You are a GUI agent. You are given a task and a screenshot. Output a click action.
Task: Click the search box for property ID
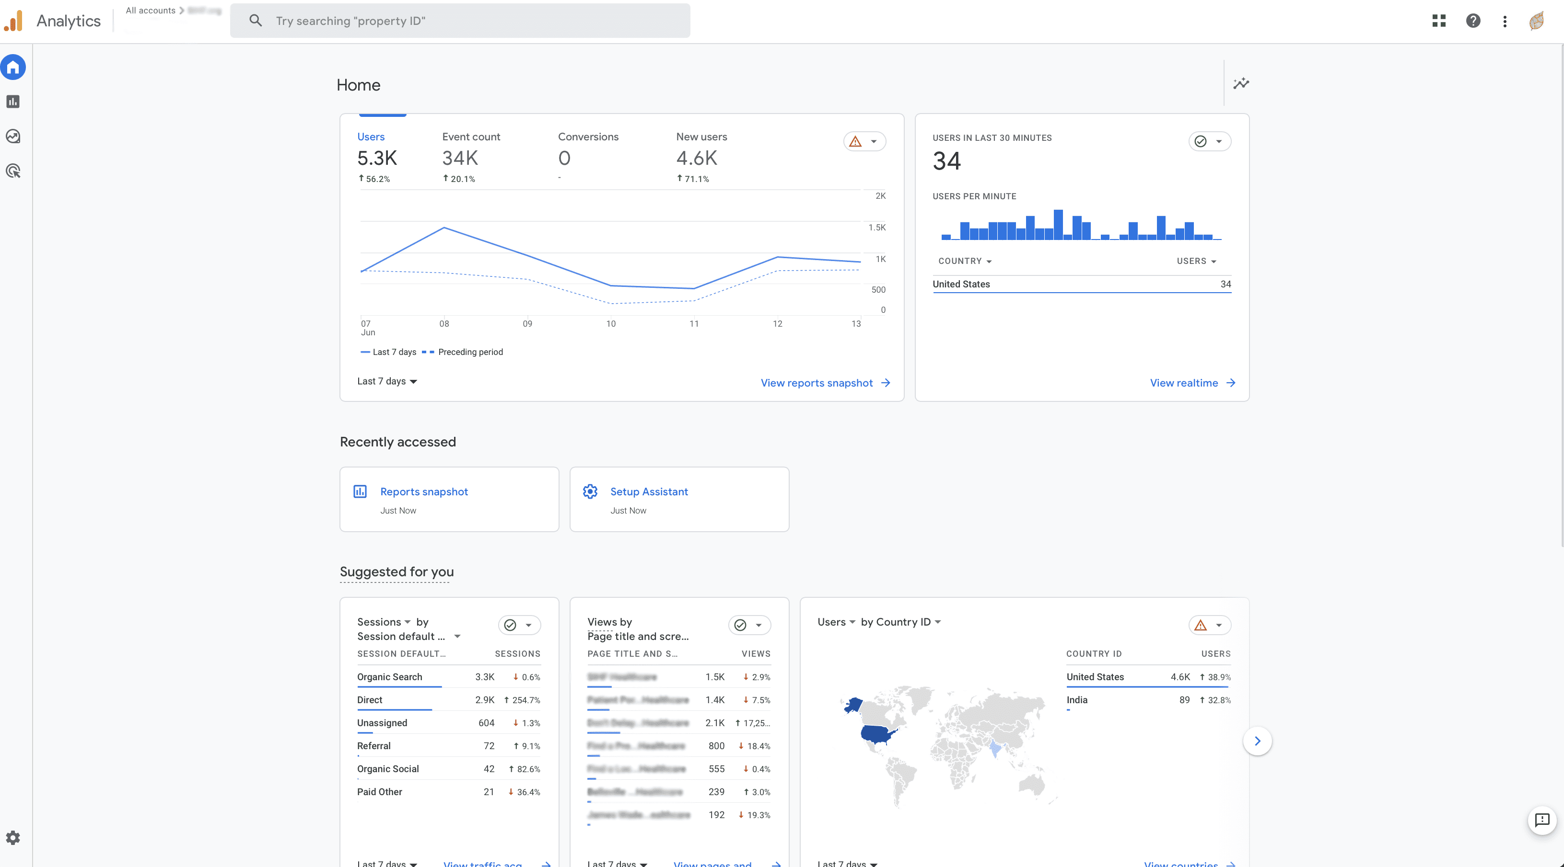point(460,21)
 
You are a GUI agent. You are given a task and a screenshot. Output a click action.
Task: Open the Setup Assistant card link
point(648,491)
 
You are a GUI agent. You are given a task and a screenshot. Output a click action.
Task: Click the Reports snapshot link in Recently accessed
point(423,491)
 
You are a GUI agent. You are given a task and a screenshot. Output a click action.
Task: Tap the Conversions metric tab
point(588,137)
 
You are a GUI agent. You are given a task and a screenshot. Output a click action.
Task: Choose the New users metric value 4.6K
point(696,159)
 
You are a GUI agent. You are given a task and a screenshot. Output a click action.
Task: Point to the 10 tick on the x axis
point(610,323)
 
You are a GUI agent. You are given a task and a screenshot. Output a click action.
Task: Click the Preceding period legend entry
point(470,352)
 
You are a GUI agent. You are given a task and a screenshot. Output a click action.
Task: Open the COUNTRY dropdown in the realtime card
point(964,261)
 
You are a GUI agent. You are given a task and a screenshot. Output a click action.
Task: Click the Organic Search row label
point(389,676)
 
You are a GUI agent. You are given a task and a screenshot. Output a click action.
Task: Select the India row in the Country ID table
point(1076,699)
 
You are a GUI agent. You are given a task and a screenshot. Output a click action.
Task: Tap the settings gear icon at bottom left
point(13,838)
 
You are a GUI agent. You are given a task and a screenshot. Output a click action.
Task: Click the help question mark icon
point(1472,21)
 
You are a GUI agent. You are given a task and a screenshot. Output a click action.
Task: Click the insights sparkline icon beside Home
point(1240,83)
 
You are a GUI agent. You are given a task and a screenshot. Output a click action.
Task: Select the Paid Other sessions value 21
point(488,792)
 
